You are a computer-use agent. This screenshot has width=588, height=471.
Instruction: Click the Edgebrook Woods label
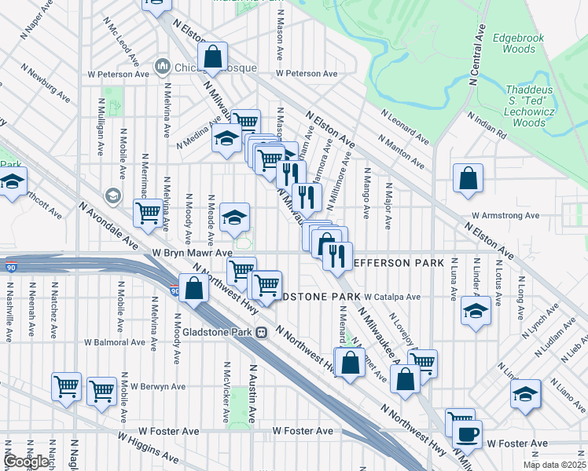513,42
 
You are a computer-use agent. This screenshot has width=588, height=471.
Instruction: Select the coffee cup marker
467,433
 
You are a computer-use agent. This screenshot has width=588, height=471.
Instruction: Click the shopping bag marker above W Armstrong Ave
468,178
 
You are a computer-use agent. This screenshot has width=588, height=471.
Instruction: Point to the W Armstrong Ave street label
505,215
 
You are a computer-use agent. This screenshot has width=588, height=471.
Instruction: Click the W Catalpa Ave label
392,298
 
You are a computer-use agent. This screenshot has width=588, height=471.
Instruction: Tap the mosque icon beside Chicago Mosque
164,67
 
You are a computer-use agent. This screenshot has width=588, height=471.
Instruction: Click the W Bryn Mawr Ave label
193,254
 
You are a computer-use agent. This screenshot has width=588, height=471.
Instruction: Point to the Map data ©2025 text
553,465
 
